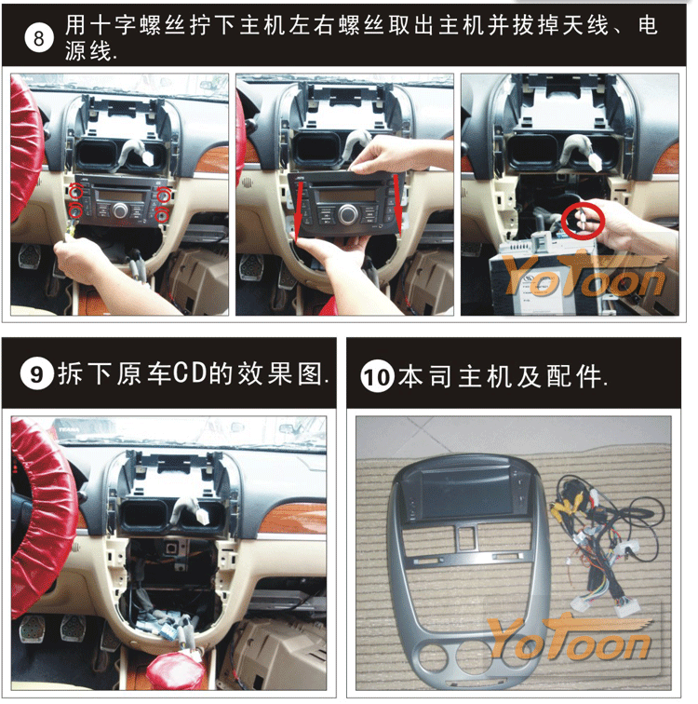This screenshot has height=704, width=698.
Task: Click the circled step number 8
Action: [38, 37]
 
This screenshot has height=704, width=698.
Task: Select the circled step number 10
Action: [377, 376]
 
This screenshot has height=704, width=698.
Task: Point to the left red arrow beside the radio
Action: [298, 208]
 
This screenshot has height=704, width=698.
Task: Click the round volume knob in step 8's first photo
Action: [121, 210]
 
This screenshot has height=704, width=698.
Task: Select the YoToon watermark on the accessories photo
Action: [569, 639]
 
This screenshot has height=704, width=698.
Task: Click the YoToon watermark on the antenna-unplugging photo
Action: [584, 275]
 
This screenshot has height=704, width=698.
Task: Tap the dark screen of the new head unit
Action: [466, 494]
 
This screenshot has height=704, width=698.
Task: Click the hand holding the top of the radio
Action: [395, 155]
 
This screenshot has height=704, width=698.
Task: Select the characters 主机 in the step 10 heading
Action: [486, 376]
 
